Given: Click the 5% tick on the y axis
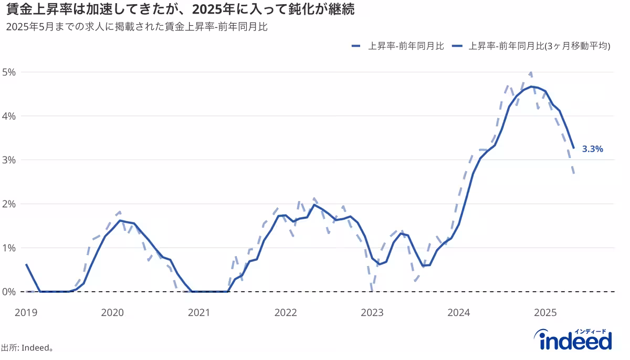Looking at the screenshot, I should [9, 72].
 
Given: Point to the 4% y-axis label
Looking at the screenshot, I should [9, 116].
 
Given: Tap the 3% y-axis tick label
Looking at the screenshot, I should [9, 160].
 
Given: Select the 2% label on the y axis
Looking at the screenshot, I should [9, 204].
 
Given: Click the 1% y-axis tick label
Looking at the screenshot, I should [9, 248].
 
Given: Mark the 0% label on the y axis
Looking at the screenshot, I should [9, 291].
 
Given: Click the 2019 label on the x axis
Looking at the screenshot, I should [26, 313].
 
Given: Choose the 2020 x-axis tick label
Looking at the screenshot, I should [112, 313].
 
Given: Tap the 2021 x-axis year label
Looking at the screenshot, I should [199, 313].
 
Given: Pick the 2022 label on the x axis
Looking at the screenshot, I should [286, 313].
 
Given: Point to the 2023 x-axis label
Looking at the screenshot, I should [372, 313].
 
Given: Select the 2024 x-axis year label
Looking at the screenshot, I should [459, 313].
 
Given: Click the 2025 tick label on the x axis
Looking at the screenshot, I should [545, 313].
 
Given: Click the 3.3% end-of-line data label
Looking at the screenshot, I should [593, 149].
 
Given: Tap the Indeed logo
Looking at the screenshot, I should [575, 340].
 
